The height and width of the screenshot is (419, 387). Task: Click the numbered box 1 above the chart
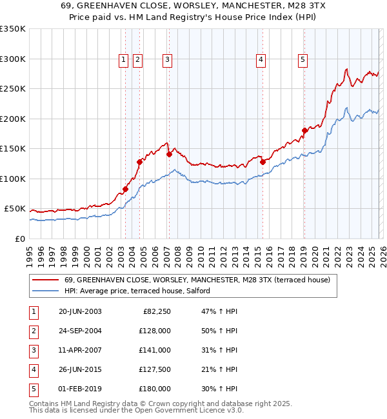123,60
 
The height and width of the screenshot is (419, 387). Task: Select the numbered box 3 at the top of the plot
167,60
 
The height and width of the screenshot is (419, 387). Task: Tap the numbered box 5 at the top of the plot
303,60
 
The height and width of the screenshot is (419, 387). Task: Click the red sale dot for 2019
304,131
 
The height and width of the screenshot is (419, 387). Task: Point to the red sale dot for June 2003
125,189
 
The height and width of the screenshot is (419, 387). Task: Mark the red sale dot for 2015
263,162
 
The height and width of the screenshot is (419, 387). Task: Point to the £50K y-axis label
15,209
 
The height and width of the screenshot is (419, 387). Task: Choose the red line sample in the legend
46,280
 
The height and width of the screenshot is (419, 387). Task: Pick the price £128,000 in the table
154,331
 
